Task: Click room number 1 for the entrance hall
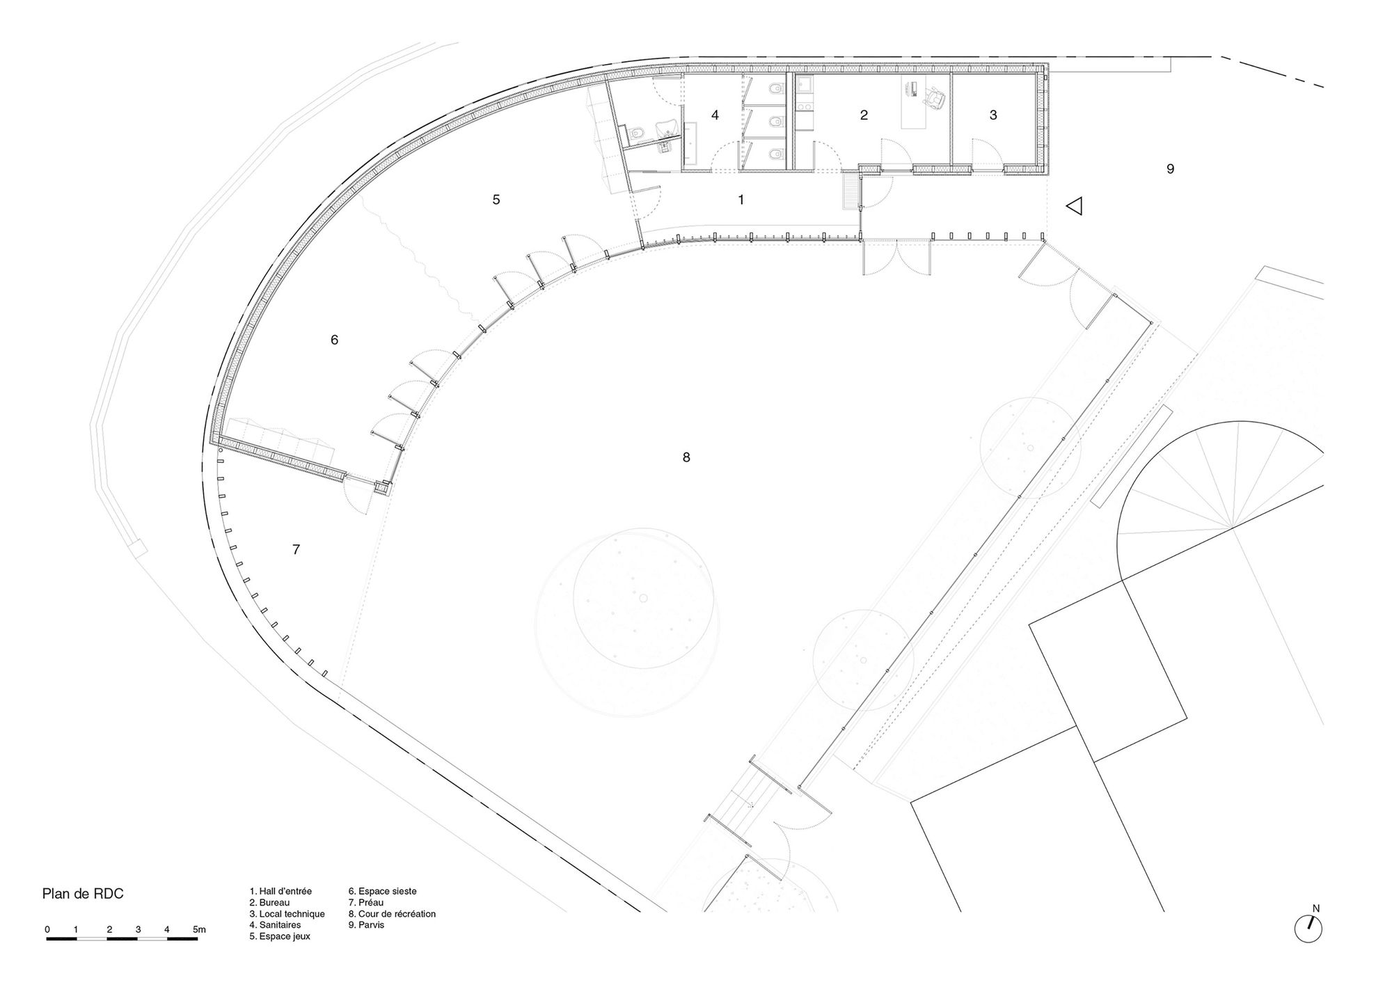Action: tap(741, 200)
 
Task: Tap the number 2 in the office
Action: tap(864, 115)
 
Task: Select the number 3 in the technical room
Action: tap(993, 115)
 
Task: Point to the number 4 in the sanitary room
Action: tap(715, 115)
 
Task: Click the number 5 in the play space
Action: tap(496, 200)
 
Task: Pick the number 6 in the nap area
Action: tap(334, 340)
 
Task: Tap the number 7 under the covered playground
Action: tap(296, 550)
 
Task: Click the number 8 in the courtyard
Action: tap(686, 457)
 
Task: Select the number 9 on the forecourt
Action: tap(1171, 168)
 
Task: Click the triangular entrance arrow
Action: tap(1075, 206)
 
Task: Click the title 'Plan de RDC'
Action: tap(83, 894)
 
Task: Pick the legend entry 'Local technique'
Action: tap(287, 914)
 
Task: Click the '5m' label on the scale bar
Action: tap(199, 929)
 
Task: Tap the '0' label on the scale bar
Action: tap(47, 929)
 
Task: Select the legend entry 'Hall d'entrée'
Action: tap(280, 891)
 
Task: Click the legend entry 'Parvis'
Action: tap(366, 925)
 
